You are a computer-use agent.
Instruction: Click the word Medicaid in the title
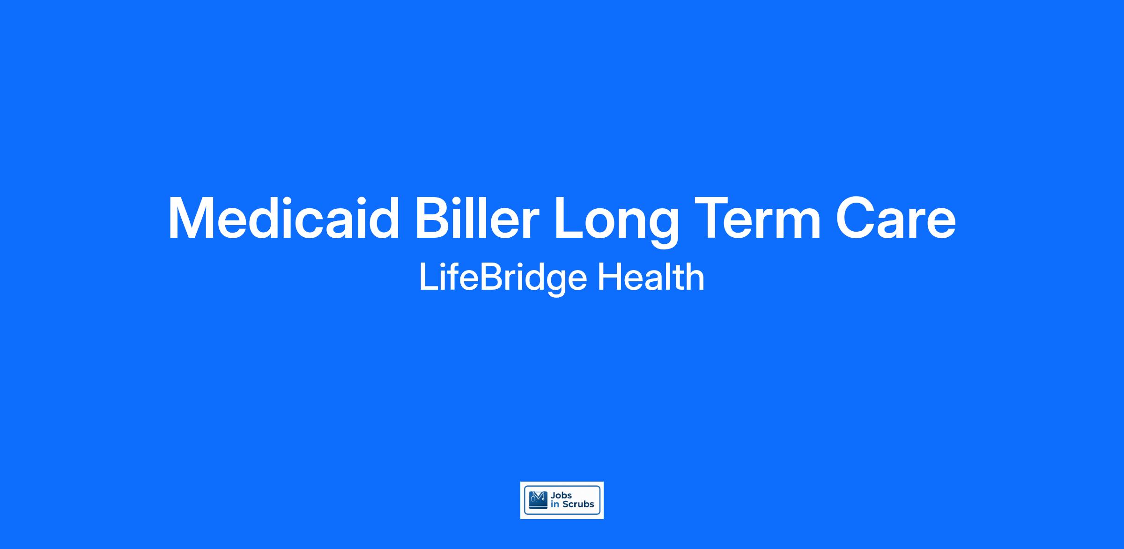coord(284,218)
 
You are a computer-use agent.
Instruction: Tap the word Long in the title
coord(616,222)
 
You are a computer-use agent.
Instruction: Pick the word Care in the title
coord(896,218)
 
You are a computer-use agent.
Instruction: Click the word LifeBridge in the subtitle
coord(503,279)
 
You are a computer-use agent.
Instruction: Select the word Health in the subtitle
coord(651,277)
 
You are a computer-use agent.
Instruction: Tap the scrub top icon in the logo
coord(538,500)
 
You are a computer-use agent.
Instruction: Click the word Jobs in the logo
coord(562,496)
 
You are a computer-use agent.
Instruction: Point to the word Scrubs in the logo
coord(578,504)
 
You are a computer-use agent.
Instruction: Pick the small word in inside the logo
coord(555,505)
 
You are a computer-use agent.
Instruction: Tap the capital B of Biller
coord(435,218)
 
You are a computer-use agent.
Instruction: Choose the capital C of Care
coord(857,218)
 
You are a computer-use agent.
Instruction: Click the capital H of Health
coord(609,277)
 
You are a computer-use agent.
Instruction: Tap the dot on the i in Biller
coord(466,200)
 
